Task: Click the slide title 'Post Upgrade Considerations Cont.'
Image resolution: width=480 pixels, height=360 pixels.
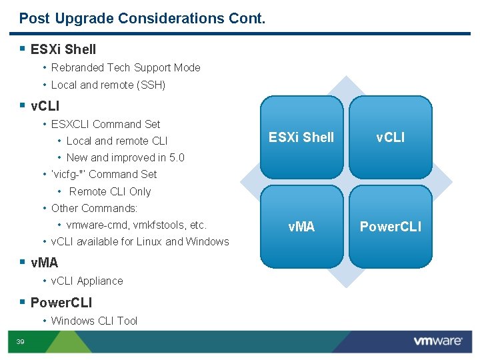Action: (142, 19)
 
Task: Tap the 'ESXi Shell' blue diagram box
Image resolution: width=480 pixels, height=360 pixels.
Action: (301, 137)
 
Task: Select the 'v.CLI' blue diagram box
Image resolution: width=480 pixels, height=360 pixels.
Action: (390, 137)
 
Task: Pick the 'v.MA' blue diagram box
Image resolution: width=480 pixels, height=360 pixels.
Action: (301, 227)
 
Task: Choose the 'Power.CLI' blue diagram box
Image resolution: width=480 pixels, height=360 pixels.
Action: (390, 227)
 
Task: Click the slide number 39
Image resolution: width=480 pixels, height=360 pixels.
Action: (20, 342)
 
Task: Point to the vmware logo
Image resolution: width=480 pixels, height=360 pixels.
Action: (437, 341)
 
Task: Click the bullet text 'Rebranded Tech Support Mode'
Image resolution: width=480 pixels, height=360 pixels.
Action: (125, 67)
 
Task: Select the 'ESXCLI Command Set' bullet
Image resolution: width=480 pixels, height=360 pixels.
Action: (105, 124)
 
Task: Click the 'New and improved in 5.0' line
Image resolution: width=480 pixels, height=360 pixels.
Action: (125, 157)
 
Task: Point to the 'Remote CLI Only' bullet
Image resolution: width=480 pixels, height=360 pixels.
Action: (110, 191)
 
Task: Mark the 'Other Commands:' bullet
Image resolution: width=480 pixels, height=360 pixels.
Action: (94, 208)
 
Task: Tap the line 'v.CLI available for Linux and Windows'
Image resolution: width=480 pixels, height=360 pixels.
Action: (140, 241)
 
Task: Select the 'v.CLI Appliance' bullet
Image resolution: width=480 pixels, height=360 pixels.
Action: (87, 281)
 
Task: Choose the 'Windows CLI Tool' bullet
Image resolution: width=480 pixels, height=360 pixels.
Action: (94, 321)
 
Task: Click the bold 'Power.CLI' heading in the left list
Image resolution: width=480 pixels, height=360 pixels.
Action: (61, 303)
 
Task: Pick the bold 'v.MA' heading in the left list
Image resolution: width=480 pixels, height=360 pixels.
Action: (45, 263)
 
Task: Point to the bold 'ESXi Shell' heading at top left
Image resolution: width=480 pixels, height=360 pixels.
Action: (63, 49)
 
